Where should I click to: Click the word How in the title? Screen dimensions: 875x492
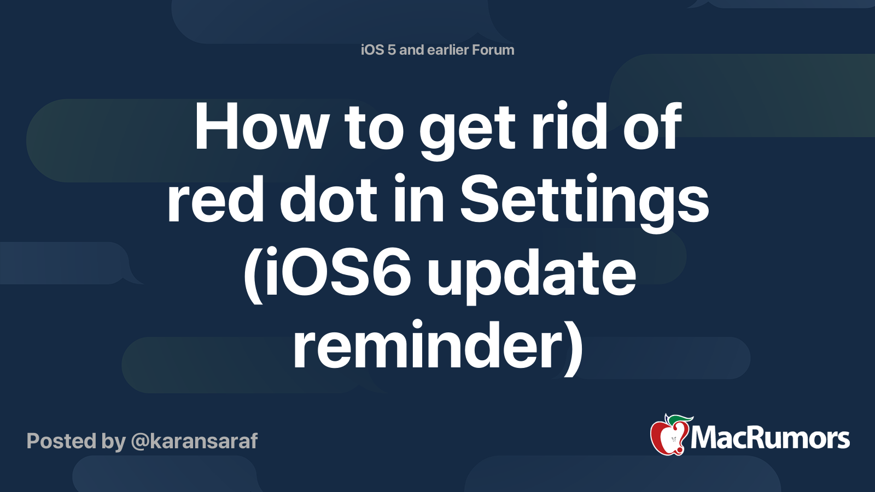pos(260,126)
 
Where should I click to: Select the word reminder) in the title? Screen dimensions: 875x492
pos(438,345)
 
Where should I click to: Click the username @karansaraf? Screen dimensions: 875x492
pos(194,441)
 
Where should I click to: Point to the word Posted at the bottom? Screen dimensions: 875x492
pos(61,441)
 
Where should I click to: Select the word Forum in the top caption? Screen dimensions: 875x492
pos(493,50)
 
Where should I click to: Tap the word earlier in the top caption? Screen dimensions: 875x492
pos(448,50)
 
